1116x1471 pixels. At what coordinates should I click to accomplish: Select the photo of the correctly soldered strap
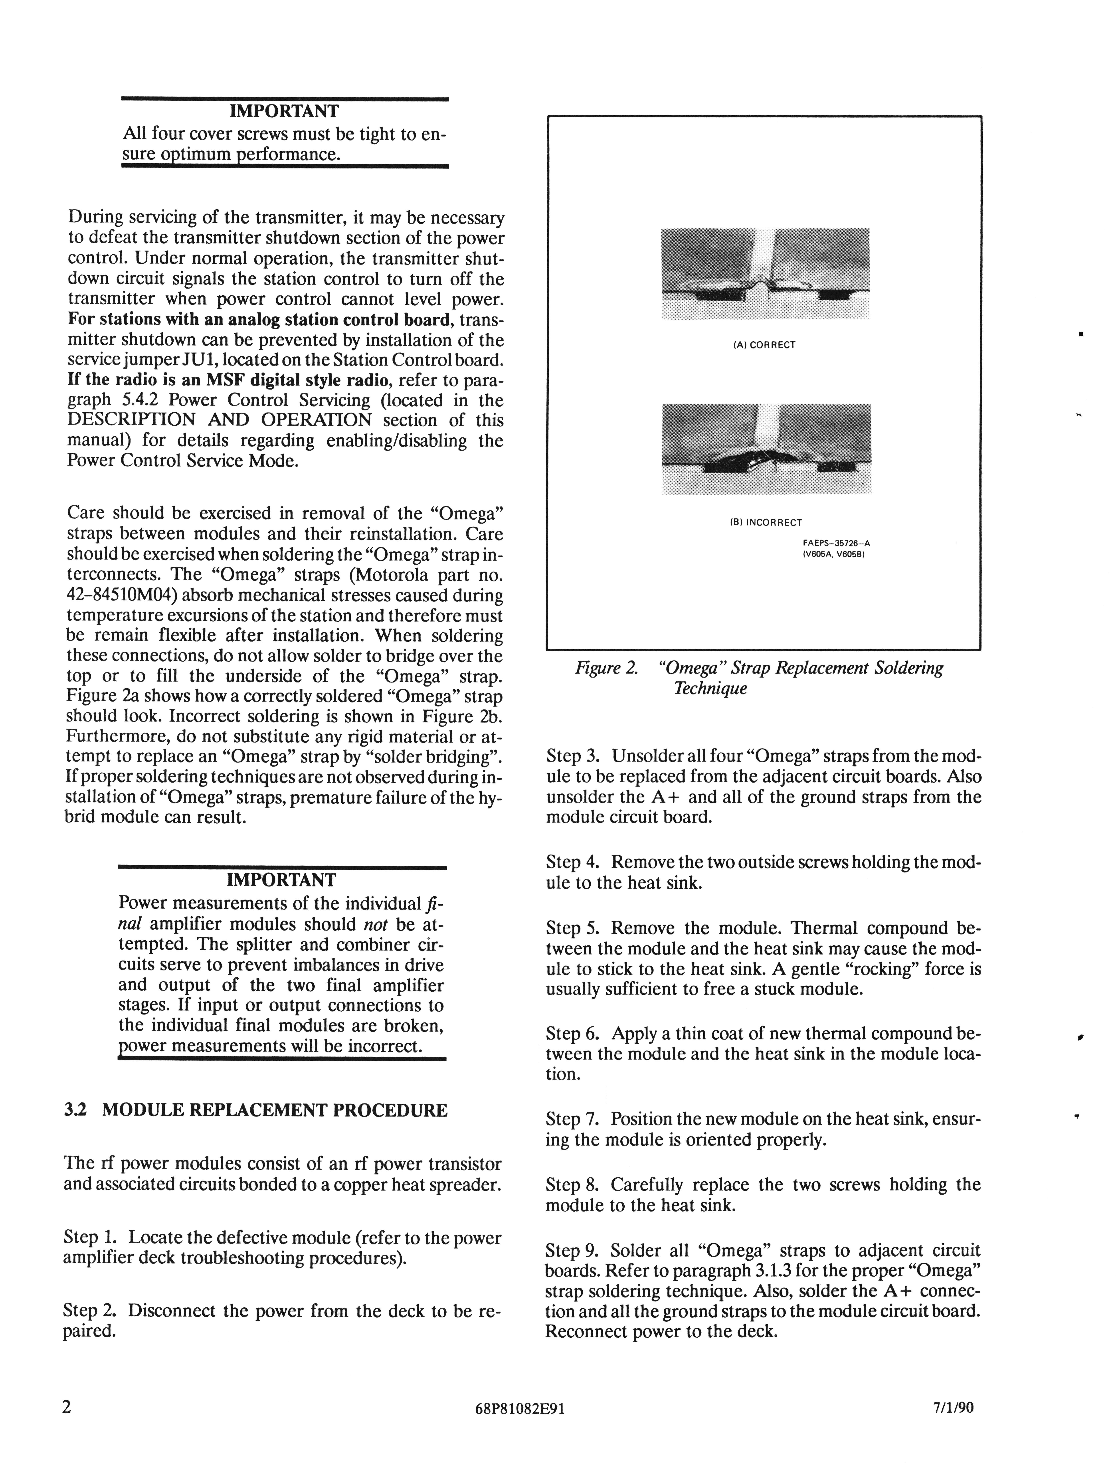click(766, 273)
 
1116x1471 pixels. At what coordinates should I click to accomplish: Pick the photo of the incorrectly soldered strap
click(766, 450)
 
